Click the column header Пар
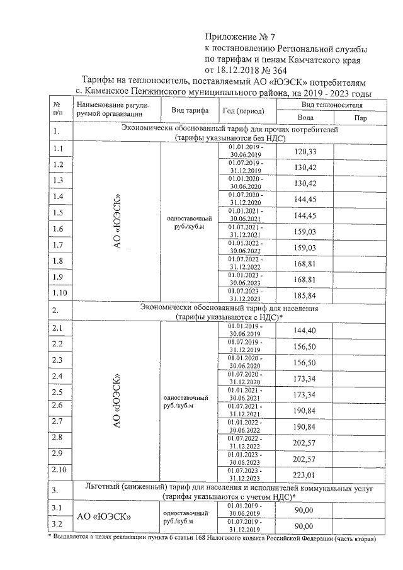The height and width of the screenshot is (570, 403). point(361,118)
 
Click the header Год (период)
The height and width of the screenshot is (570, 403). point(244,111)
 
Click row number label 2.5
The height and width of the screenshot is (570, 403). point(57,392)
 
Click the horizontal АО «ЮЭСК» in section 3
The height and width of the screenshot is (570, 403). point(104,516)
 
